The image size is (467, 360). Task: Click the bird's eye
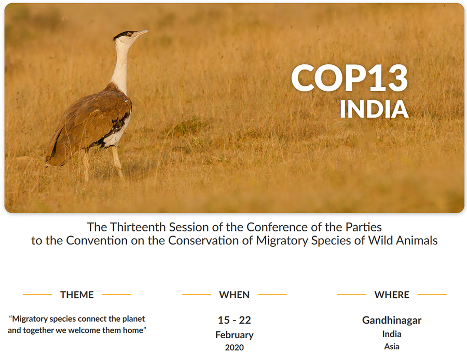129,35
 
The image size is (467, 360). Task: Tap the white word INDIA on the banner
374,109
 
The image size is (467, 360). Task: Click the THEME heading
77,295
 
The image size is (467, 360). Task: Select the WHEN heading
235,295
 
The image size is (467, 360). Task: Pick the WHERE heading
392,295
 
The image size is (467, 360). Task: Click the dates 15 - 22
235,320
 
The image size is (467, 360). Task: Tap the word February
235,335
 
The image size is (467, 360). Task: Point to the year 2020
235,348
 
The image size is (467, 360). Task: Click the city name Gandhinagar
392,321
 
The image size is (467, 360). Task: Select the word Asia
392,347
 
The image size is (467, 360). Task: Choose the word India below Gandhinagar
392,334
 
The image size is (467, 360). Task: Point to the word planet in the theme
134,319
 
